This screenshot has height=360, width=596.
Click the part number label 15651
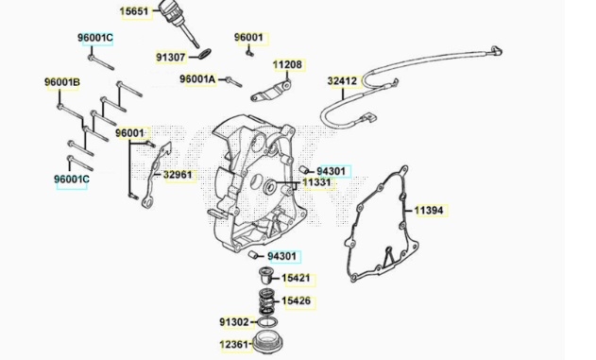pos(134,11)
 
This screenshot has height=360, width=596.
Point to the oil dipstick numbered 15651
pos(179,23)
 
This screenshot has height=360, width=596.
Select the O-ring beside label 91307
pos(205,55)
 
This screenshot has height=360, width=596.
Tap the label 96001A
pos(197,79)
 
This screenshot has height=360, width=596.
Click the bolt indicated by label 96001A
pos(233,81)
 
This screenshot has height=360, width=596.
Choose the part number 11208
pos(288,64)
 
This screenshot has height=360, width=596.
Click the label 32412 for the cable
pos(342,81)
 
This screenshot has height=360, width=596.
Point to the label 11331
pos(316,182)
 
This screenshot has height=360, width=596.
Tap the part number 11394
pos(429,210)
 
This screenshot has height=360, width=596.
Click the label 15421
pos(296,278)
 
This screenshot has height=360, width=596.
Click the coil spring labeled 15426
pos(267,301)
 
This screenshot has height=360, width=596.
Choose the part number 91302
pos(233,322)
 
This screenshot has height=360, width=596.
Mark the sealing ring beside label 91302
pos(267,323)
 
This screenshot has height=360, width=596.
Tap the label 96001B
pos(62,82)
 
